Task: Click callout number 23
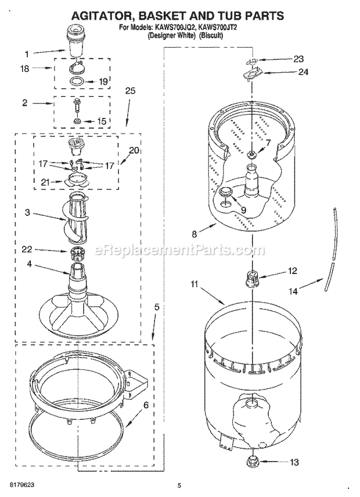pos(298,58)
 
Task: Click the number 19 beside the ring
pos(103,82)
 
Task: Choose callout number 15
pos(102,121)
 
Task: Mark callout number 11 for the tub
pos(195,284)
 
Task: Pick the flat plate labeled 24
pos(253,73)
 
